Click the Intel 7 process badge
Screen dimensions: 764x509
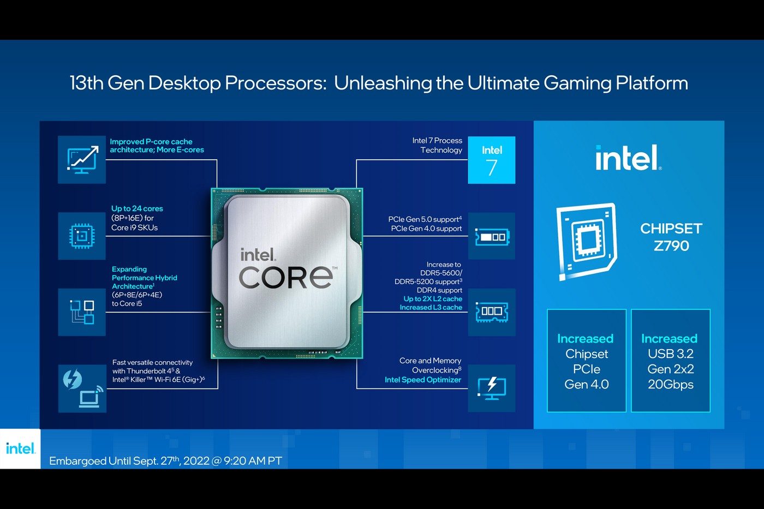492,160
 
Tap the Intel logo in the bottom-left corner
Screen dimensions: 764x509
21,448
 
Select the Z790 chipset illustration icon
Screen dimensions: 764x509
587,242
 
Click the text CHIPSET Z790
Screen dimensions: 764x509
671,237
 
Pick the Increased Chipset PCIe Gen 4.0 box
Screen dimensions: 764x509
586,361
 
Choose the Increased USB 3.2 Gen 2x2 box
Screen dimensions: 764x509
671,361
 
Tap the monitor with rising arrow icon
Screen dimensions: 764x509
82,159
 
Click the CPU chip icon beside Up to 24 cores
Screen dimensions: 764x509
82,236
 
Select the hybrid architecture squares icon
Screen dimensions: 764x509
82,312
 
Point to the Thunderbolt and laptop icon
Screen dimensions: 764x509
82,388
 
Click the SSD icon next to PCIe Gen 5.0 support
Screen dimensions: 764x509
492,236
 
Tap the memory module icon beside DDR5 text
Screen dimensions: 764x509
492,312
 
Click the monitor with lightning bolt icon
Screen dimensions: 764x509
492,388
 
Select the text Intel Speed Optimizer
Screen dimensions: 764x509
423,380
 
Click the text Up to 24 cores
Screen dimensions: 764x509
137,208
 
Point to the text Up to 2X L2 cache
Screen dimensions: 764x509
433,298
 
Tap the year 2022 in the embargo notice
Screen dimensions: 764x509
196,461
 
